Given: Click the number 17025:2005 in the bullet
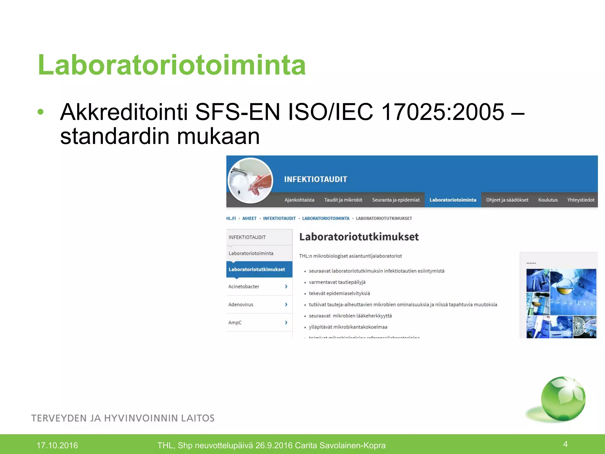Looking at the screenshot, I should point(443,112).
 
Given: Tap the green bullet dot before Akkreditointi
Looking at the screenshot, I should point(41,112).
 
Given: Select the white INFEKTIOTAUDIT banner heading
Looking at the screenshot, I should point(315,179).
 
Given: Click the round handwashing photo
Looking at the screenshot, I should point(251,181).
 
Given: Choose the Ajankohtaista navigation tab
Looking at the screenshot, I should point(299,200).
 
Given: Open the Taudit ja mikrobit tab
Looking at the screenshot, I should point(343,200).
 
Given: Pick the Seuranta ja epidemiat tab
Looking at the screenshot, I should point(396,200).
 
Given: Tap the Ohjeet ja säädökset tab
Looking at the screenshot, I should point(507,200).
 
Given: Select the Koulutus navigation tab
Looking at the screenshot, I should point(548,200).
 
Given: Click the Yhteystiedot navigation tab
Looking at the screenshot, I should point(580,200).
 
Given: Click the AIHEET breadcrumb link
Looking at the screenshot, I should point(249,218).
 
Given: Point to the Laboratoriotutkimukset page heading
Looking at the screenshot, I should point(359,237).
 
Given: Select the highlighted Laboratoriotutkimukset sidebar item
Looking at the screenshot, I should point(257,270).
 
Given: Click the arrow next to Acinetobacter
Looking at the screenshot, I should point(286,286).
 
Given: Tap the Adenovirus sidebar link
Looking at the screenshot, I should point(241,304).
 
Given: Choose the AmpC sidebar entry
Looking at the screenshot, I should point(235,322).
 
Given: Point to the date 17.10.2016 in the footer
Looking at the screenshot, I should point(57,445).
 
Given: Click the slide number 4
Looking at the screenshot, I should point(565,444).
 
